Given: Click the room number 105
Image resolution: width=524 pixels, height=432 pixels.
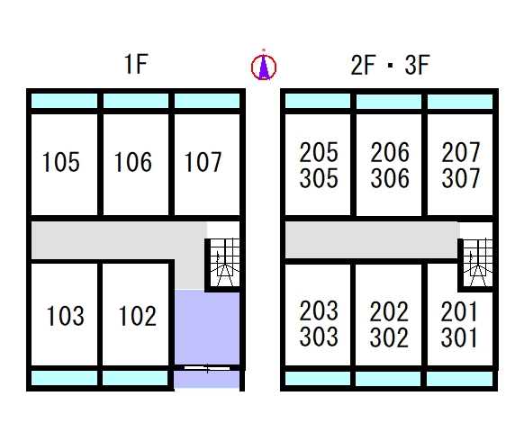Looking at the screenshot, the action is [x=61, y=162].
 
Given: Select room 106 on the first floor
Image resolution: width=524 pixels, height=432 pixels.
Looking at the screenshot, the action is [x=133, y=162].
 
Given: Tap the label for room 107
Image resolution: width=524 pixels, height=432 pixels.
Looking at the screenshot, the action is [x=203, y=162].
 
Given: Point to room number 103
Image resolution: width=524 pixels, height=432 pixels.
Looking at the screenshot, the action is [x=65, y=316].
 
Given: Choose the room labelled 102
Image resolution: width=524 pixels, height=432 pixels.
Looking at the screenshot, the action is [x=138, y=316].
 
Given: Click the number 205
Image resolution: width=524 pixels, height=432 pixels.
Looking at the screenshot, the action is [x=319, y=152].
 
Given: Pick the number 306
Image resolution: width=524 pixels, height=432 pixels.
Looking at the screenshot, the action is [x=390, y=177].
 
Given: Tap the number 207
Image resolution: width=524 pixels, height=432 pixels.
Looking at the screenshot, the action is [x=461, y=152].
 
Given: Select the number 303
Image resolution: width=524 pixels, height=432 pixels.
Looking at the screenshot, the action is [x=319, y=337].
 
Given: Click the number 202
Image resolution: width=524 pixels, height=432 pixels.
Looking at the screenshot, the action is [x=389, y=311].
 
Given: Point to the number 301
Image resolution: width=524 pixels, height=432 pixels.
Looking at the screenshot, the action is [x=459, y=337].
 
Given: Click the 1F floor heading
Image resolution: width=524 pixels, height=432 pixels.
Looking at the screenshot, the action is [x=136, y=64].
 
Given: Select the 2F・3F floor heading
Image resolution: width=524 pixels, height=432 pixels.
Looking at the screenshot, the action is [x=390, y=65].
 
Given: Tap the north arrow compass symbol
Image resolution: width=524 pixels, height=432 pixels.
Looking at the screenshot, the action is [x=264, y=66].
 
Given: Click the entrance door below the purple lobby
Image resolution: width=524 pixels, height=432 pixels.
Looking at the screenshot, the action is [x=207, y=368].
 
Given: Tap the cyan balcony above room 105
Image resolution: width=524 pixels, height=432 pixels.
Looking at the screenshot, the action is [x=64, y=101].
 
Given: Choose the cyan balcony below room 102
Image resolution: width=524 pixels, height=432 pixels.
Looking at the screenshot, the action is [x=135, y=378].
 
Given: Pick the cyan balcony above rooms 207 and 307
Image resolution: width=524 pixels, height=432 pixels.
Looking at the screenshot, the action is [x=460, y=102].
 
